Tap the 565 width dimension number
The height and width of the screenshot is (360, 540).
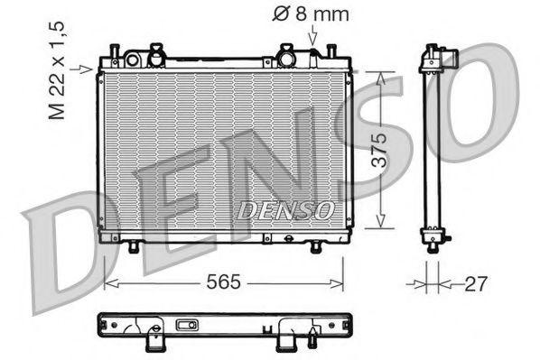click(x=223, y=282)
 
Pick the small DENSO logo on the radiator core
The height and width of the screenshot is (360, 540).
click(x=284, y=209)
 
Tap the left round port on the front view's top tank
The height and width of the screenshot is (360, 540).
click(x=133, y=60)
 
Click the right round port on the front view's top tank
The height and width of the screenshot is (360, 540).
click(x=288, y=59)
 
